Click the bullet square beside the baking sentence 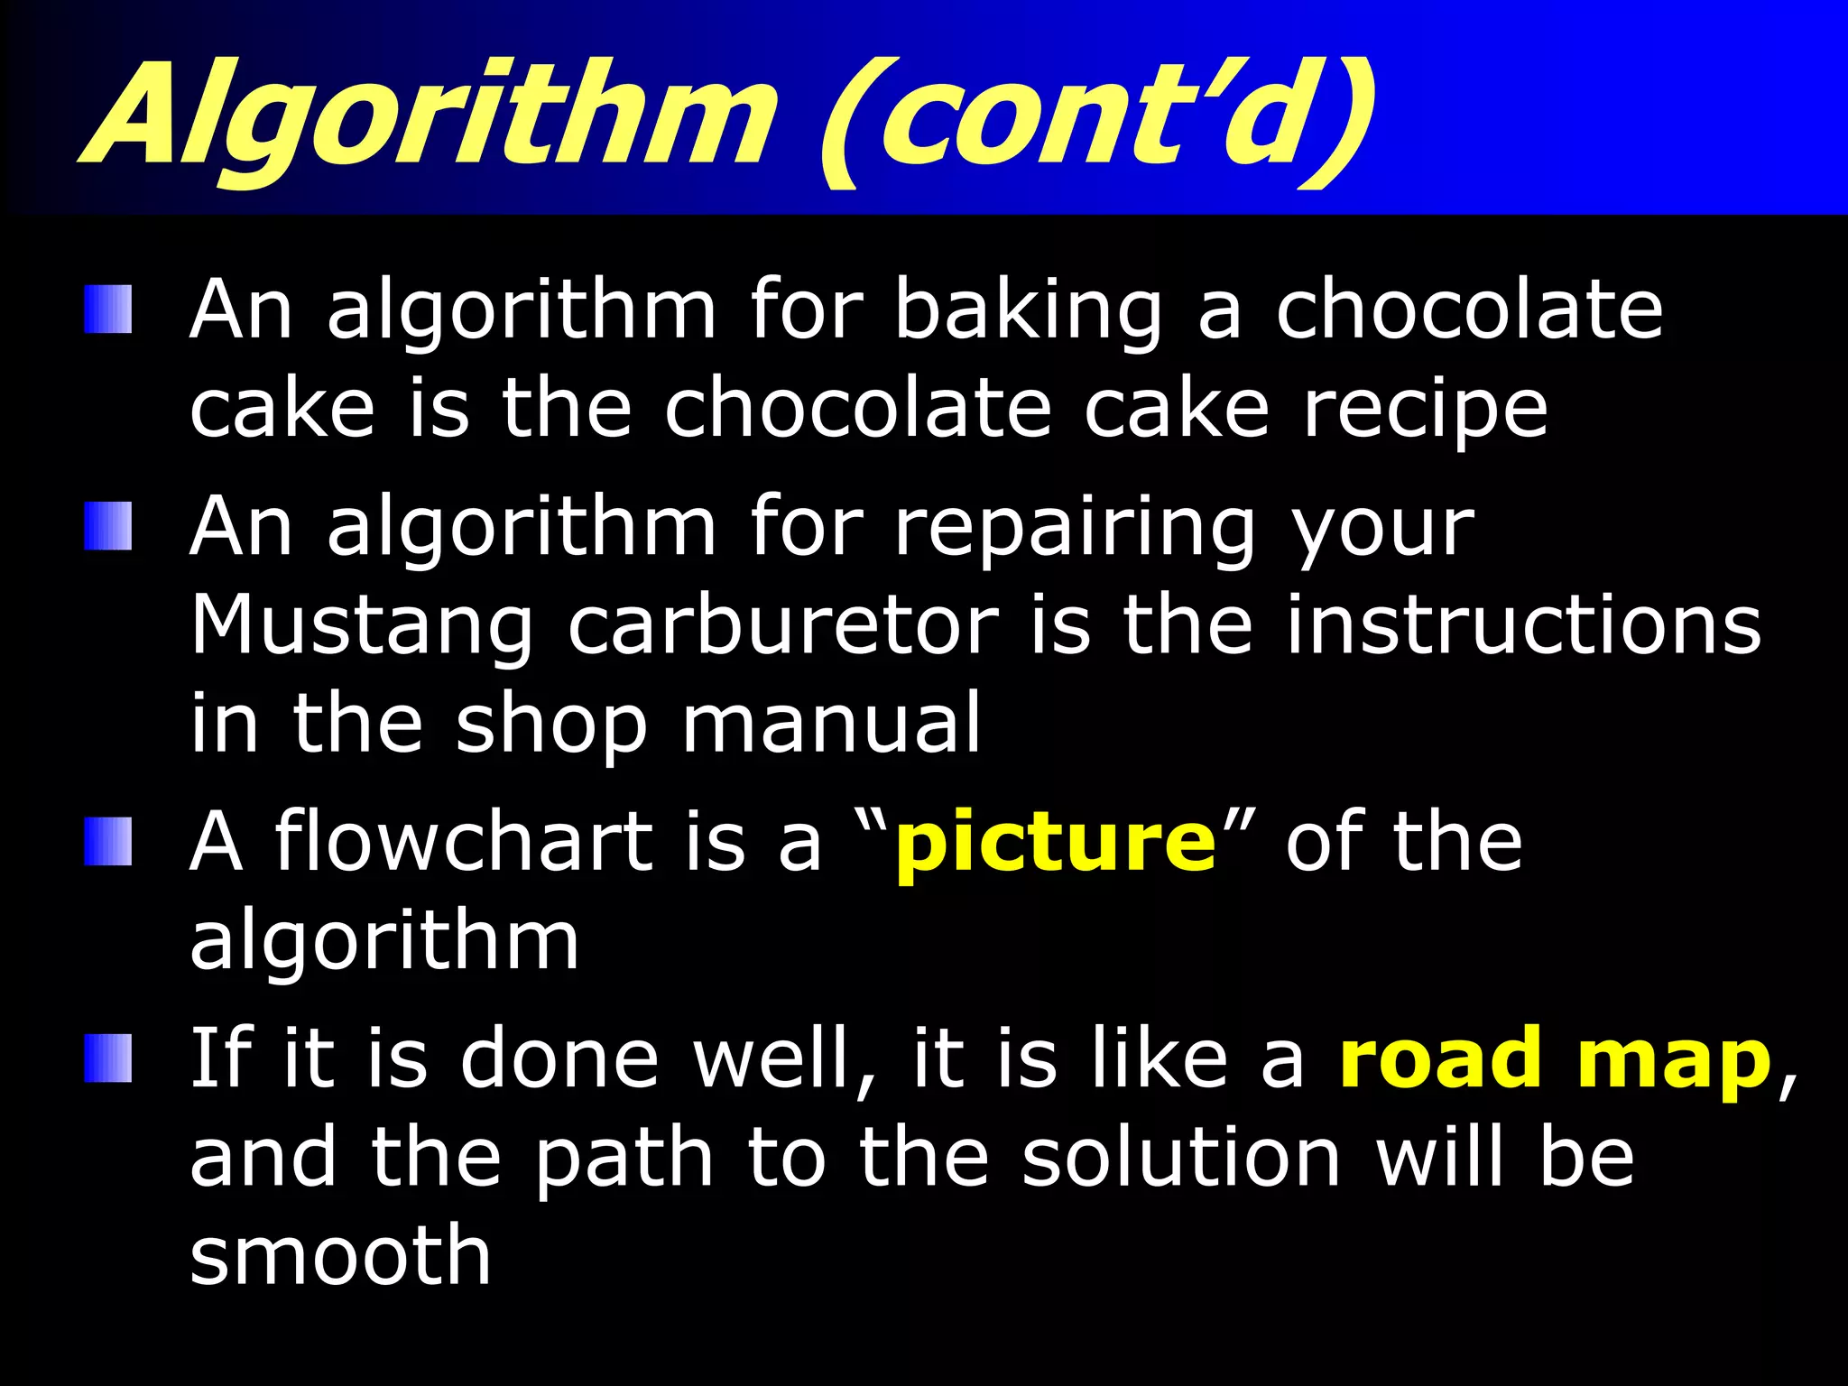click(x=108, y=310)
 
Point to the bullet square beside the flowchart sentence click(x=108, y=841)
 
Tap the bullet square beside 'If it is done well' click(x=108, y=1058)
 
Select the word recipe click(x=1425, y=411)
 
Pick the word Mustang click(x=362, y=627)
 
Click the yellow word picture click(x=1056, y=845)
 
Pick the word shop click(x=550, y=727)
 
